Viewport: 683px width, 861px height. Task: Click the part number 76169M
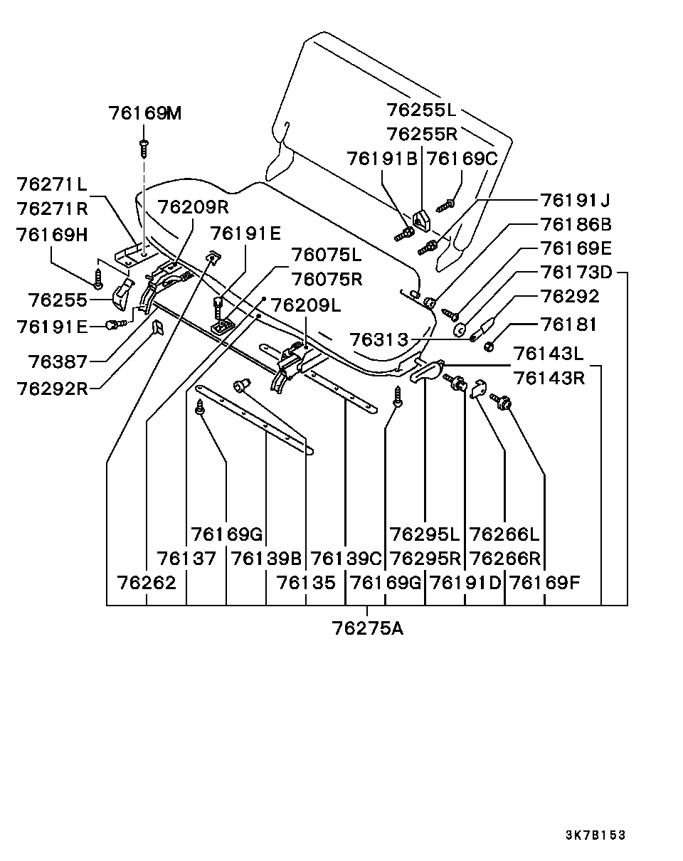[145, 113]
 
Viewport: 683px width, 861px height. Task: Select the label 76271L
[52, 184]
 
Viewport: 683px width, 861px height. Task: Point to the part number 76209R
[193, 207]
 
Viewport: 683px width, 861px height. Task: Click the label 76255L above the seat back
[421, 110]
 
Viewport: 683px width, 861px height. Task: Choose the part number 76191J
[576, 200]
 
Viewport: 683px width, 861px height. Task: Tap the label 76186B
[576, 224]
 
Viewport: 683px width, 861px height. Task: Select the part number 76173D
[576, 273]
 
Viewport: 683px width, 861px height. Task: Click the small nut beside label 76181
[488, 347]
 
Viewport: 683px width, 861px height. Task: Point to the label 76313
[379, 339]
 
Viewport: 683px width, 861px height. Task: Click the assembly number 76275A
[367, 628]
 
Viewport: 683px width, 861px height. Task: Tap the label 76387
[58, 362]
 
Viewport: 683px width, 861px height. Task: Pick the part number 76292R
[52, 389]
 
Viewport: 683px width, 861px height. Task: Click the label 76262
[147, 583]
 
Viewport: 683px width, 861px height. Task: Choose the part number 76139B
[266, 559]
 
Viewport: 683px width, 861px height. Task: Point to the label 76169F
[545, 583]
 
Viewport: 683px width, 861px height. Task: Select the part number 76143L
[548, 354]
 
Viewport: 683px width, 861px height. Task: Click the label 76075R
[327, 279]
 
